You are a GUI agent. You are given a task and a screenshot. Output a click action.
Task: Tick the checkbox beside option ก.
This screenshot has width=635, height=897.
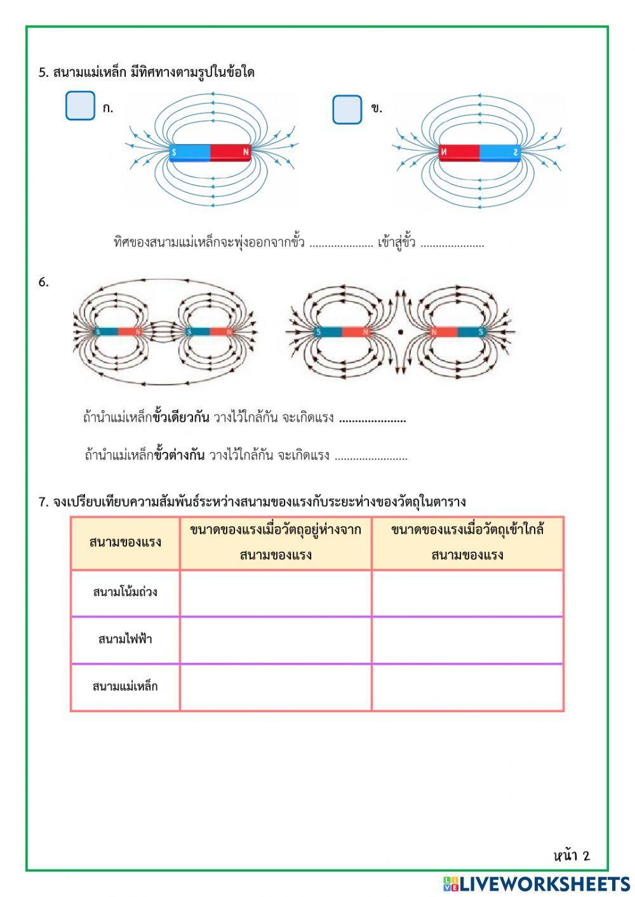coord(80,106)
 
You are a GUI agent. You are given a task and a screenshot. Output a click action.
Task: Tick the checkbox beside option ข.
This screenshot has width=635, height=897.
coord(347,109)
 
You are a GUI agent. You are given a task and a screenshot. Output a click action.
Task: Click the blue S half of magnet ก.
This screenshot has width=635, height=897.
coord(190,152)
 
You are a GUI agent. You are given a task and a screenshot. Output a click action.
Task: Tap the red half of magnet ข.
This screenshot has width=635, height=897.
coord(459,152)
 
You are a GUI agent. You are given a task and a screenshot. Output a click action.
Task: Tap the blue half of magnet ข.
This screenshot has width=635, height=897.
coord(500,152)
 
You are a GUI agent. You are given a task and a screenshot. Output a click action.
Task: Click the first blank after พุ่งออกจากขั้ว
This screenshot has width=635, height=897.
coord(341,244)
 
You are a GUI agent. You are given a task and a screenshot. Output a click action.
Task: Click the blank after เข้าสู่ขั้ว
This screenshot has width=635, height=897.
coord(452,244)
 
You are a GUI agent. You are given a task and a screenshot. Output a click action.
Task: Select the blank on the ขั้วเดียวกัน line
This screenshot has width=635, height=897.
coord(372,420)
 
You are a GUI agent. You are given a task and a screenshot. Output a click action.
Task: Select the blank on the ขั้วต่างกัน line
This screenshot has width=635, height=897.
coord(371,456)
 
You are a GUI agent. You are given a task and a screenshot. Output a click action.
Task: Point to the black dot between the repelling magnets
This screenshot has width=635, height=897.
coord(400,331)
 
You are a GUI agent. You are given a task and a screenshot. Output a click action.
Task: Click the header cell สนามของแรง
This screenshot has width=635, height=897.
coord(125,543)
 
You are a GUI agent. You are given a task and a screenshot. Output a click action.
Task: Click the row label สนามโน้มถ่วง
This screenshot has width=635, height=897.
coord(125,593)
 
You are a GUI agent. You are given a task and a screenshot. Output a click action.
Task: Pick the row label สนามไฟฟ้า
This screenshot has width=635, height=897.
coord(125,639)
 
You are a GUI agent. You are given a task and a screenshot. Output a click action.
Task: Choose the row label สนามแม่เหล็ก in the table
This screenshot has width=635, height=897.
coord(125,687)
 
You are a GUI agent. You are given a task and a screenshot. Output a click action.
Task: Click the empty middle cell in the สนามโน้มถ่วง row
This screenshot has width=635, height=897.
coord(276,593)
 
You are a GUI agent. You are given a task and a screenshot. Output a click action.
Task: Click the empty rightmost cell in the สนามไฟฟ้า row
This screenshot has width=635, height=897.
coord(467,639)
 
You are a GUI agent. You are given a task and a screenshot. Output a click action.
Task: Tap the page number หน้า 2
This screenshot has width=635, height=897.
coord(571,856)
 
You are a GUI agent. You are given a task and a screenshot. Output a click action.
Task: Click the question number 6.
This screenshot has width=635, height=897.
coord(43,282)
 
